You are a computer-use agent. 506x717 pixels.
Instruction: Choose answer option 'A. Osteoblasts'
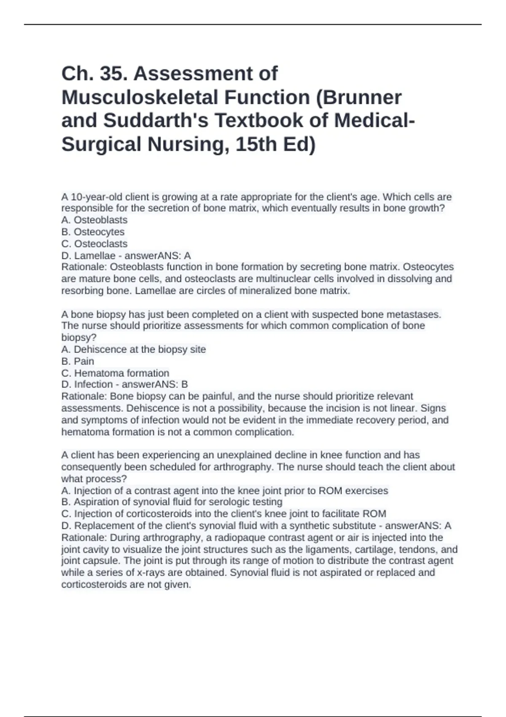[x=94, y=220]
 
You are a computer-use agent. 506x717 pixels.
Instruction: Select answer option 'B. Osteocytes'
[x=93, y=232]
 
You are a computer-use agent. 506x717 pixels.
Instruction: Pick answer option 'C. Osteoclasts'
[x=94, y=244]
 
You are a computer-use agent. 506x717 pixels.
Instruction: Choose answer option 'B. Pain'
[x=78, y=361]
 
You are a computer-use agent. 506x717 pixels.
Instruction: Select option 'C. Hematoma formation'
[x=115, y=373]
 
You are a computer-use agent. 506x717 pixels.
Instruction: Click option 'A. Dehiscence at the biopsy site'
[x=134, y=349]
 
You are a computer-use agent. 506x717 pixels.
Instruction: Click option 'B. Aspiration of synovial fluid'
[x=172, y=502]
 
